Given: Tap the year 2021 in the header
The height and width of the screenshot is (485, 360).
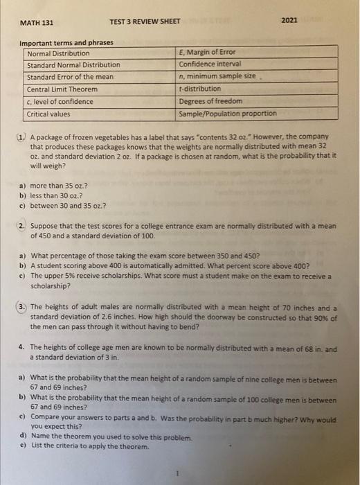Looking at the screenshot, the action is click(x=290, y=21).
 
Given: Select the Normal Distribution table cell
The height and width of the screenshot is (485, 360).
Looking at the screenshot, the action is click(x=58, y=53).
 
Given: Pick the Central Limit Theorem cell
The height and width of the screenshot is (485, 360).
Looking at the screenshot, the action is click(x=62, y=89).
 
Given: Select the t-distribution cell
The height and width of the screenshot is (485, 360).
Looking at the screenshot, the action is click(x=200, y=89).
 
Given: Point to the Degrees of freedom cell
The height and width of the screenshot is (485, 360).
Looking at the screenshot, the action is click(x=208, y=101).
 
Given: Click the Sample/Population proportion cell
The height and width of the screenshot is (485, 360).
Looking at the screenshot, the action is click(x=227, y=114).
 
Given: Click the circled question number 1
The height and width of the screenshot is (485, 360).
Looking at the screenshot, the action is click(x=22, y=137).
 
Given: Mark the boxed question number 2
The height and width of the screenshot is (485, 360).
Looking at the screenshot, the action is click(x=22, y=226).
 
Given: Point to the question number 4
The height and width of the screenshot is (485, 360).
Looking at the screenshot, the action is click(x=22, y=349).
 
